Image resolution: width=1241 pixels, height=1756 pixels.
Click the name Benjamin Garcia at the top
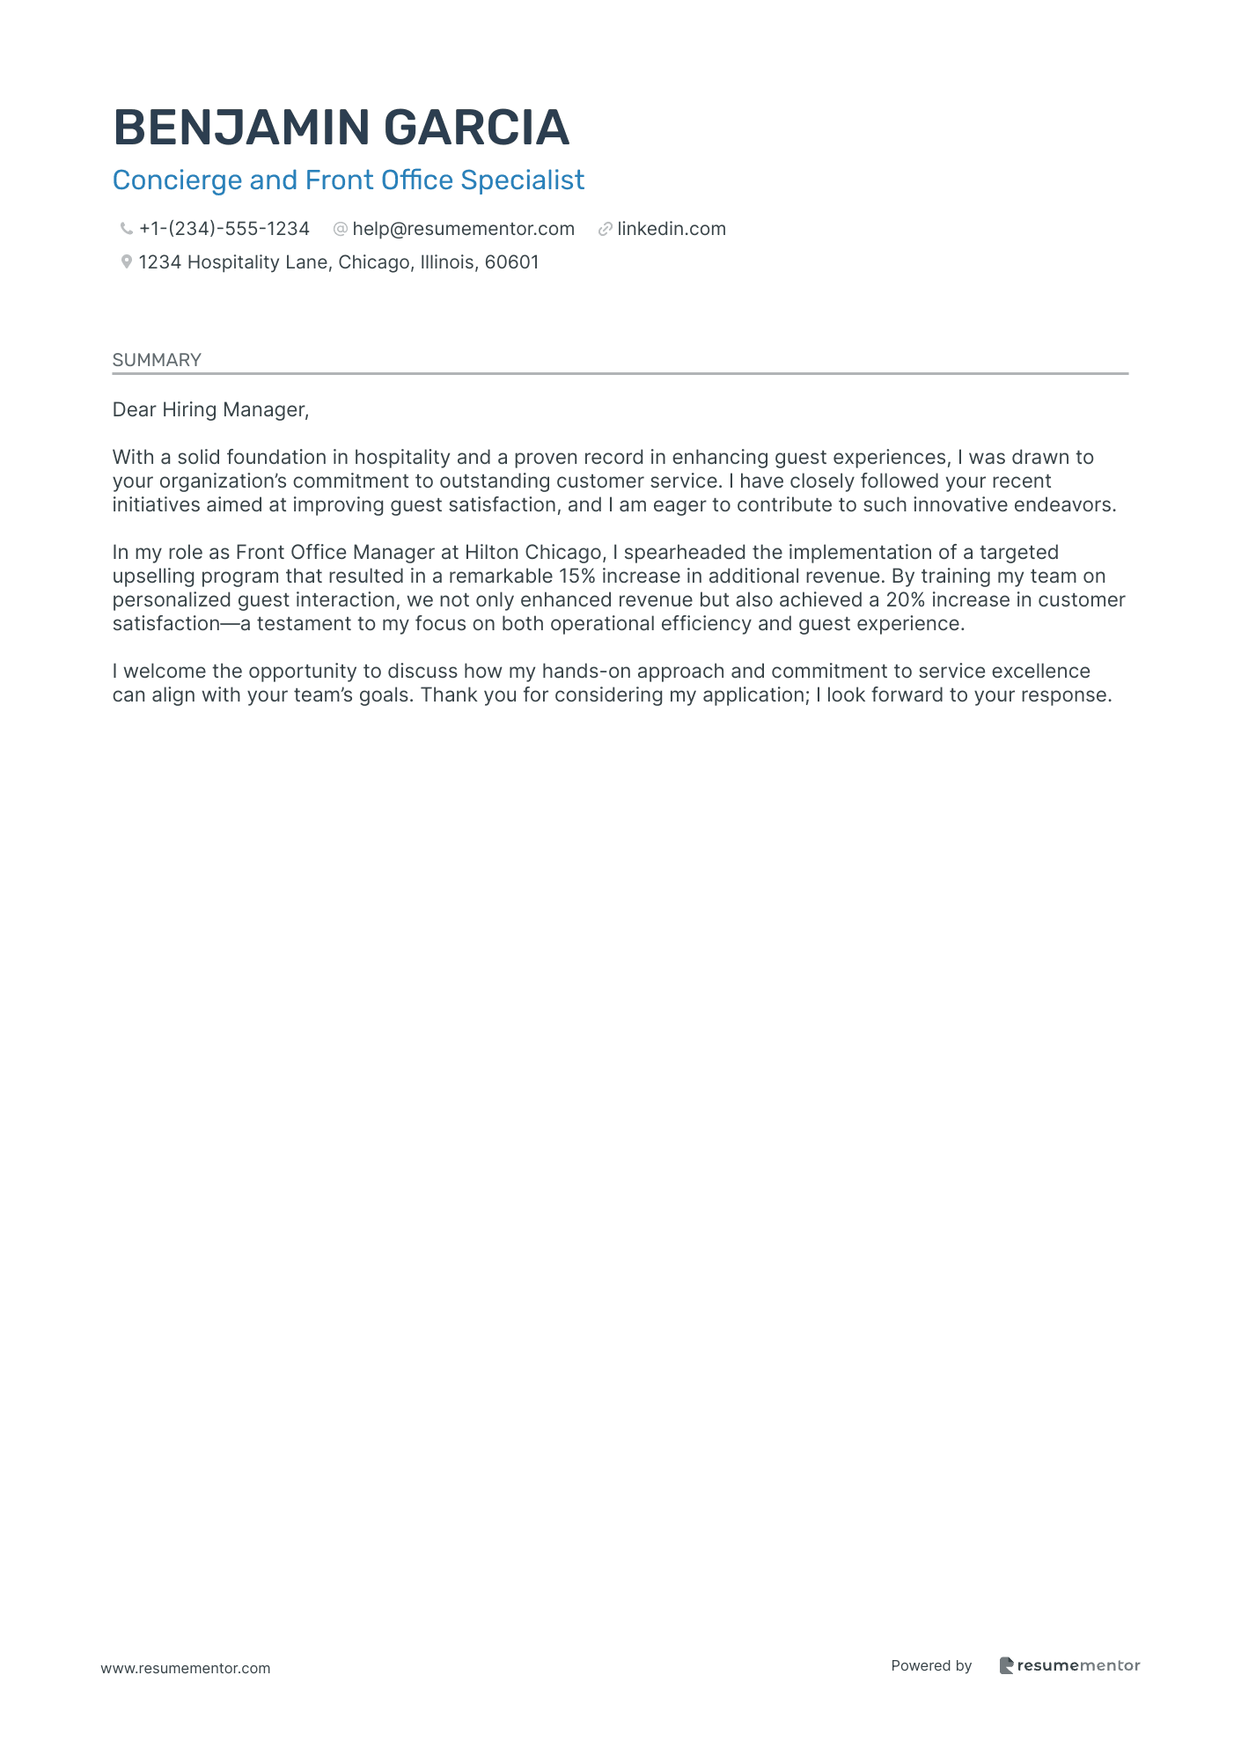click(341, 128)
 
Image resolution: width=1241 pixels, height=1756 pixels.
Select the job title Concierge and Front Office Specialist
click(348, 180)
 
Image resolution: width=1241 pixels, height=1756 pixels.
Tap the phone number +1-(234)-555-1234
click(224, 230)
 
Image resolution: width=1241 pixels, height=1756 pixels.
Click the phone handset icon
click(126, 230)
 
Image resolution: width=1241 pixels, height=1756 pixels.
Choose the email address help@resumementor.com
click(463, 230)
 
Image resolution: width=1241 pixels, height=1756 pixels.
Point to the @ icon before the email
click(340, 230)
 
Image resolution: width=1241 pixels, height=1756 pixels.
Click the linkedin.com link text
click(672, 230)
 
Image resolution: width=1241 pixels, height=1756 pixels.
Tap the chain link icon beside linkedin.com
click(605, 230)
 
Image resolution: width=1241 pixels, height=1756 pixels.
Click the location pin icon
click(126, 262)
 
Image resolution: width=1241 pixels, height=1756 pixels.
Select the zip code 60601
click(511, 262)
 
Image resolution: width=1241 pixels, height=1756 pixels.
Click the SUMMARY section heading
click(157, 360)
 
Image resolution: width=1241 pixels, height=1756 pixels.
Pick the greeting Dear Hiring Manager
click(210, 409)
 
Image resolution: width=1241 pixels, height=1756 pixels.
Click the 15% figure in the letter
click(576, 577)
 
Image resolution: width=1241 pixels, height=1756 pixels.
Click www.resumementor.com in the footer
click(186, 1668)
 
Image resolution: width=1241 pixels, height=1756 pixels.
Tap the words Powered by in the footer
click(931, 1665)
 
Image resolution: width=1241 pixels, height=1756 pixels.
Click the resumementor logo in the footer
click(1069, 1665)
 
